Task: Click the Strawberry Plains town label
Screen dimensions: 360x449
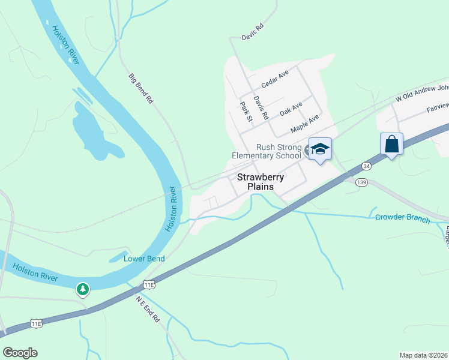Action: tap(255, 182)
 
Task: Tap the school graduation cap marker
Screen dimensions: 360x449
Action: tap(320, 149)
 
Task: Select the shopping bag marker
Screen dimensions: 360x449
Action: tap(391, 145)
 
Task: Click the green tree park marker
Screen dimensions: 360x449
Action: tap(83, 289)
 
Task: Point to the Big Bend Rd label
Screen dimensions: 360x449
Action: tap(141, 89)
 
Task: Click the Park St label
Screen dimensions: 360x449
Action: tap(245, 112)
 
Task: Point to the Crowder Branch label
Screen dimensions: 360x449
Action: tap(402, 218)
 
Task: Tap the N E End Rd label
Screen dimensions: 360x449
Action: tap(147, 309)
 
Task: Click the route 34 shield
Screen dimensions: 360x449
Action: tap(366, 166)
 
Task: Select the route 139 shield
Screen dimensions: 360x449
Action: tap(361, 182)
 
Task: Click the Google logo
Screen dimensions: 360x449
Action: tap(20, 353)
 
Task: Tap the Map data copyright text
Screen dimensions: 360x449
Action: tap(424, 355)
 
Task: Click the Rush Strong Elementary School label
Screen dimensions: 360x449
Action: tap(267, 151)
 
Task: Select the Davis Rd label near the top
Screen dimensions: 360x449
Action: tap(253, 32)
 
